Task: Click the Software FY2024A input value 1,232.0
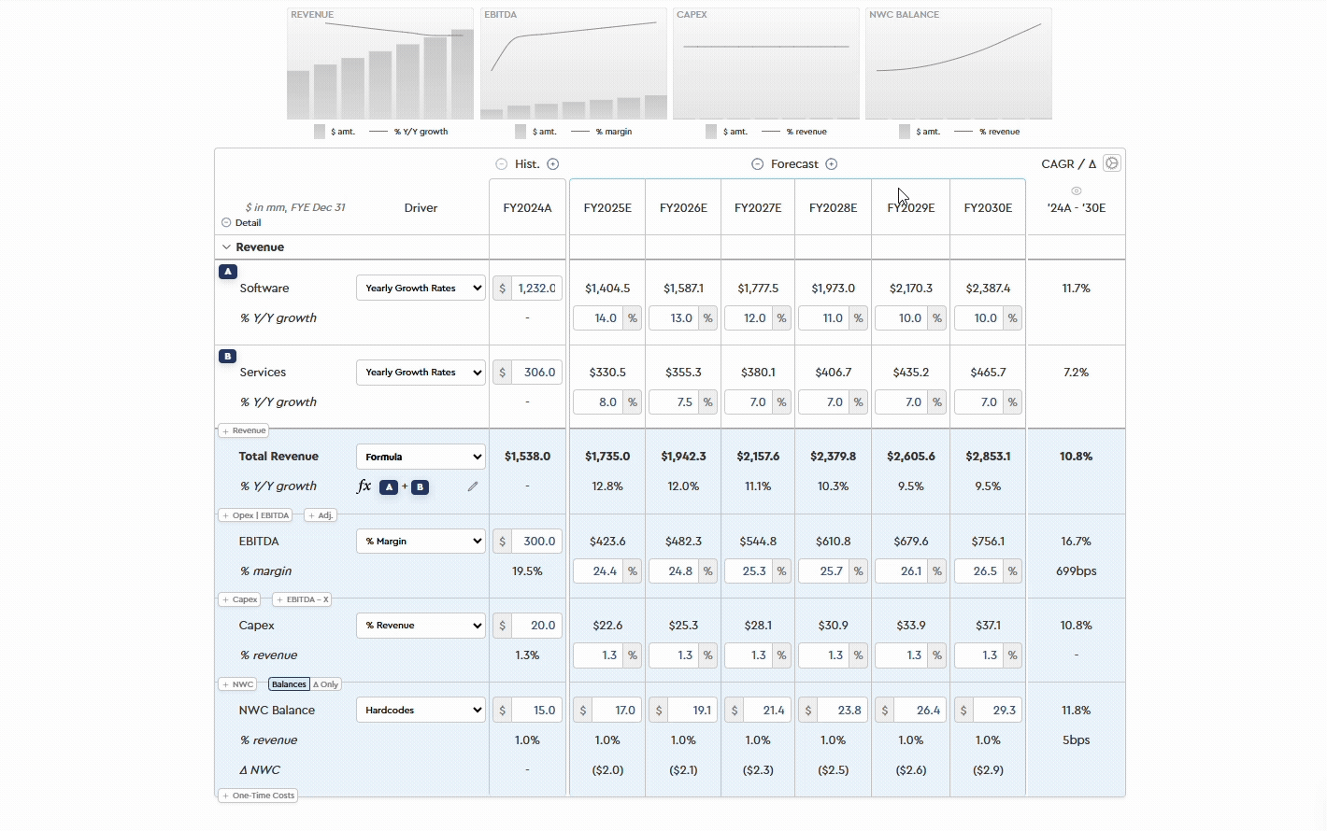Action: coord(535,289)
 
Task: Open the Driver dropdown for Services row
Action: coord(421,373)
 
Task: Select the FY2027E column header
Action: coord(758,208)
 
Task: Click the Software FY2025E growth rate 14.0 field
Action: coord(598,318)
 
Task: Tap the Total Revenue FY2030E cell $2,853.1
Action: coord(988,457)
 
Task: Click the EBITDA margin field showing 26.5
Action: coord(977,571)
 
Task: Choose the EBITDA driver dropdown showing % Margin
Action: coord(421,542)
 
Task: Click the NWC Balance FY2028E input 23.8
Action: coord(841,711)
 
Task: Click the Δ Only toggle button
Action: coord(326,684)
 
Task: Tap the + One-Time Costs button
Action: coord(259,796)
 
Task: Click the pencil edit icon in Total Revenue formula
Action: coord(473,486)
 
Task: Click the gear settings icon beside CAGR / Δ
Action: coord(1111,163)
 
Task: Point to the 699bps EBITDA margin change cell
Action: coord(1076,571)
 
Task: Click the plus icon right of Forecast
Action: coord(832,164)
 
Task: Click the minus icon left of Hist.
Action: coord(502,164)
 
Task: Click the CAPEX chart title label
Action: coord(692,15)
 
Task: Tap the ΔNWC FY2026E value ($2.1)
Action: coord(683,770)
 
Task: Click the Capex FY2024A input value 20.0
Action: coord(535,626)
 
